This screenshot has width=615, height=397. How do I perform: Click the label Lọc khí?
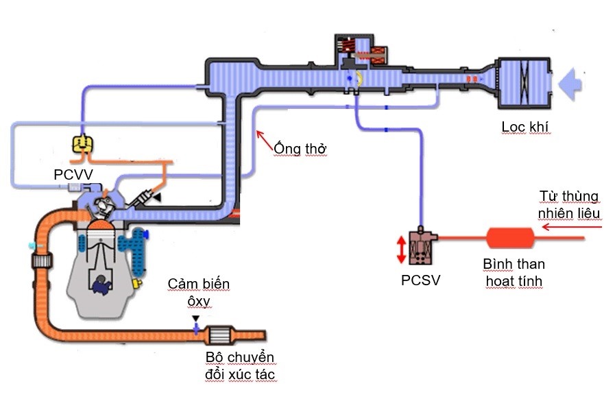(526, 127)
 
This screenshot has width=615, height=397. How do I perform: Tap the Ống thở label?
(300, 148)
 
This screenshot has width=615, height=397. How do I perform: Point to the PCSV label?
(420, 280)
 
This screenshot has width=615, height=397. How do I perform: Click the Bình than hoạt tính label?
(514, 272)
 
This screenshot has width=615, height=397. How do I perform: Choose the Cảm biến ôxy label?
(200, 291)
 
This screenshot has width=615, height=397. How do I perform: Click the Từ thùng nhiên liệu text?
(569, 205)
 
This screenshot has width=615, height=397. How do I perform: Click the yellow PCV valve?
(82, 144)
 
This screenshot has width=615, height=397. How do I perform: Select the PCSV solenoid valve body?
(420, 247)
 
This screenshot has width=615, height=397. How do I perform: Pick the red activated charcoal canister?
(511, 239)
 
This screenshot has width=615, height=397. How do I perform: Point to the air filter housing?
(523, 84)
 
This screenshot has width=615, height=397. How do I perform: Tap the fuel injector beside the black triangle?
(145, 199)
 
